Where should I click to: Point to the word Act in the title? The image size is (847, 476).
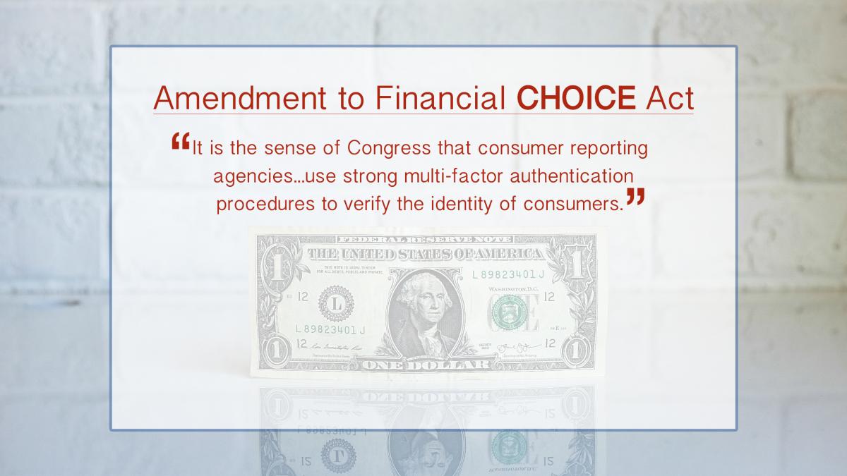(x=669, y=98)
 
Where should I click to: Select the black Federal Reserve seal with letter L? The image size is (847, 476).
(x=335, y=304)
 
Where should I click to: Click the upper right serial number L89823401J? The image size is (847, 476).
(x=507, y=274)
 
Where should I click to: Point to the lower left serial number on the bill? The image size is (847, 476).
(x=330, y=329)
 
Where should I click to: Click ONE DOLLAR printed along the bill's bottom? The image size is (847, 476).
(x=425, y=365)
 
